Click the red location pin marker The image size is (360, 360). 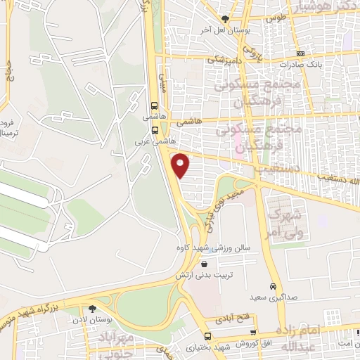pyautogui.click(x=181, y=165)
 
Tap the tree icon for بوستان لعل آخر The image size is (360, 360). pyautogui.click(x=225, y=19)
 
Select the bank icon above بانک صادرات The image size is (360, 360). pyautogui.click(x=301, y=53)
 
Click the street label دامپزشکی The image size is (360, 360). pyautogui.click(x=224, y=61)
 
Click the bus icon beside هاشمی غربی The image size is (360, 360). pyautogui.click(x=155, y=130)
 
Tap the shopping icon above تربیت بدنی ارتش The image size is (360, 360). pyautogui.click(x=204, y=264)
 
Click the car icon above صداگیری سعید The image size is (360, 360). pyautogui.click(x=272, y=287)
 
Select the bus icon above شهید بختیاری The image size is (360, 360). pyautogui.click(x=207, y=336)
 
